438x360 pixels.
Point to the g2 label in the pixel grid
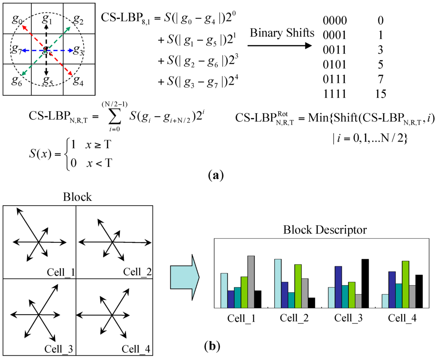coord(78,19)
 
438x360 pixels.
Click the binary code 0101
coord(335,65)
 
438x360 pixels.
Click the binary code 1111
coord(335,93)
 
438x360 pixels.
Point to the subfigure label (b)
coord(212,345)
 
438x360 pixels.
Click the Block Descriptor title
coord(325,230)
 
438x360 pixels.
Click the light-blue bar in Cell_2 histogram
coord(278,283)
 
